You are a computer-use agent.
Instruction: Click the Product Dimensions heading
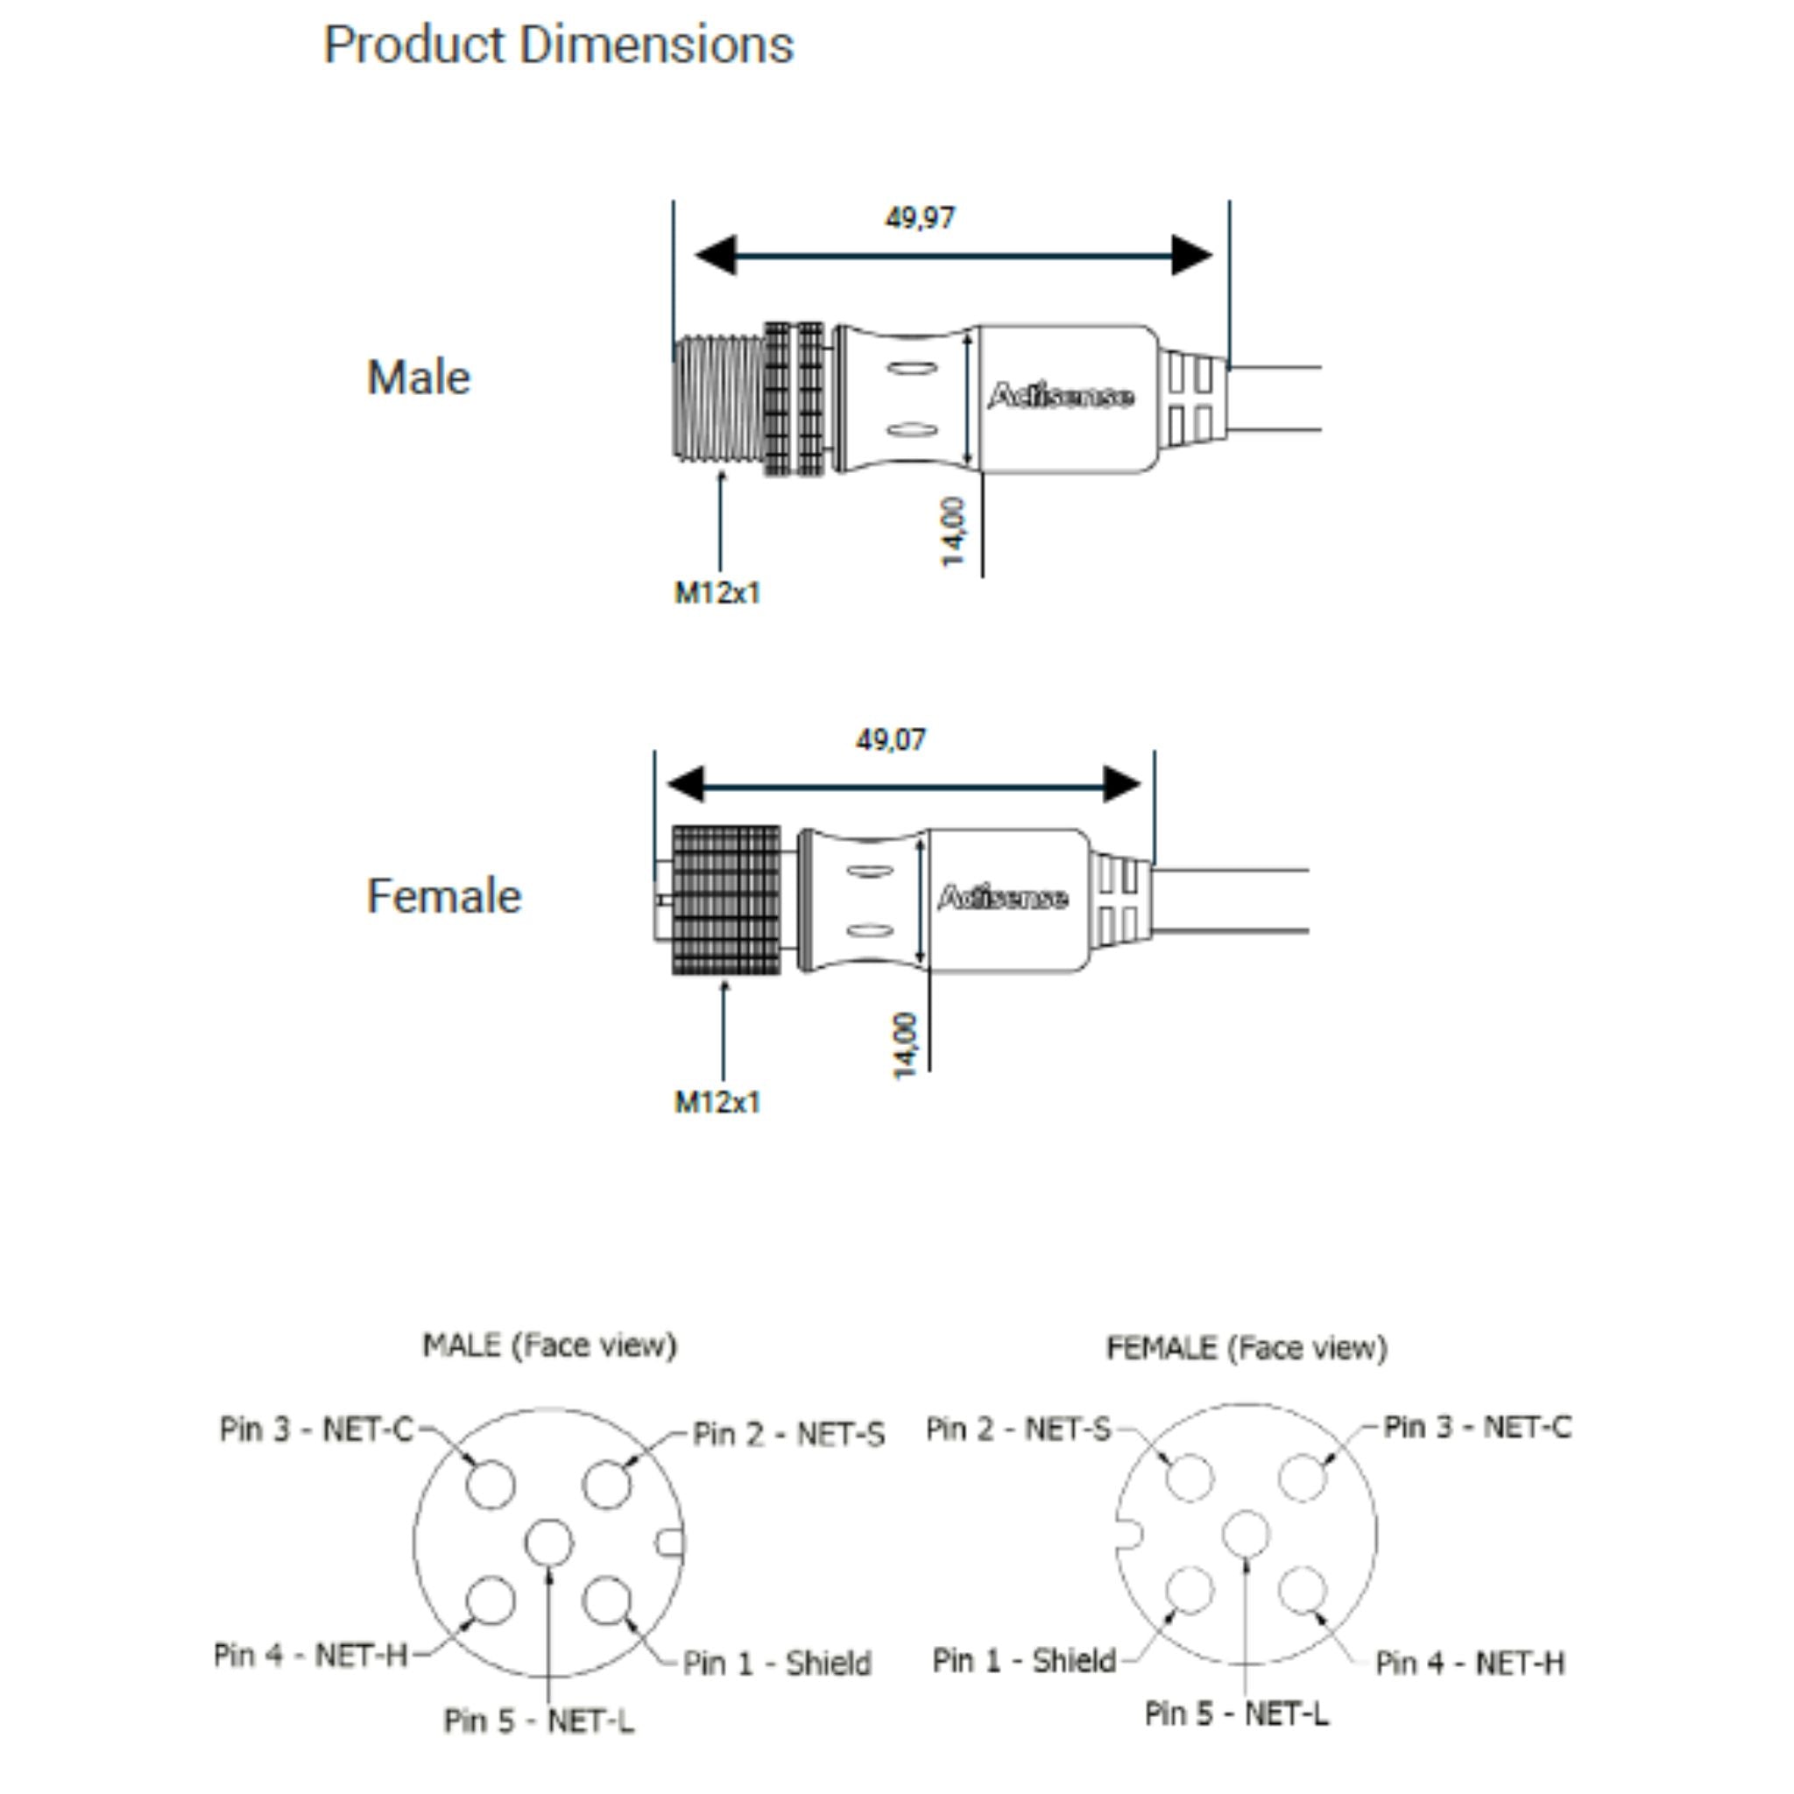(558, 45)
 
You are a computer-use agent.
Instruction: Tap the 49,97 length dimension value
(919, 218)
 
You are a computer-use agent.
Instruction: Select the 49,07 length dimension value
(891, 740)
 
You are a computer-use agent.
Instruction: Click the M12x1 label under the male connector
(717, 592)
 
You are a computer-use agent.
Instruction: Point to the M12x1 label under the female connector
(717, 1102)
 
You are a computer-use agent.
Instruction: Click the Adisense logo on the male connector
(1060, 397)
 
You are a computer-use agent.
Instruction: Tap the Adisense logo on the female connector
(1002, 898)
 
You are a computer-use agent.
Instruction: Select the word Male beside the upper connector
(419, 378)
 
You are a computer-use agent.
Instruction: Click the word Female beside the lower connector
(444, 896)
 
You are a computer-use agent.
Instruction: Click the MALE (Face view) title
(550, 1345)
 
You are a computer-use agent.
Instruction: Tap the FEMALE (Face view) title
(1247, 1348)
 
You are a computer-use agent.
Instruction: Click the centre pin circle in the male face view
(548, 1543)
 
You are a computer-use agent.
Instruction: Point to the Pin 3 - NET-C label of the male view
(315, 1429)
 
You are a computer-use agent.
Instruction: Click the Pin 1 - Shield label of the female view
(1024, 1660)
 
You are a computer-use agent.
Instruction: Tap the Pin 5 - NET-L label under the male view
(539, 1720)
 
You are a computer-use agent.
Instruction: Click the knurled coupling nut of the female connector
(726, 900)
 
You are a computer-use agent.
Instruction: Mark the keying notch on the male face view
(671, 1543)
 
